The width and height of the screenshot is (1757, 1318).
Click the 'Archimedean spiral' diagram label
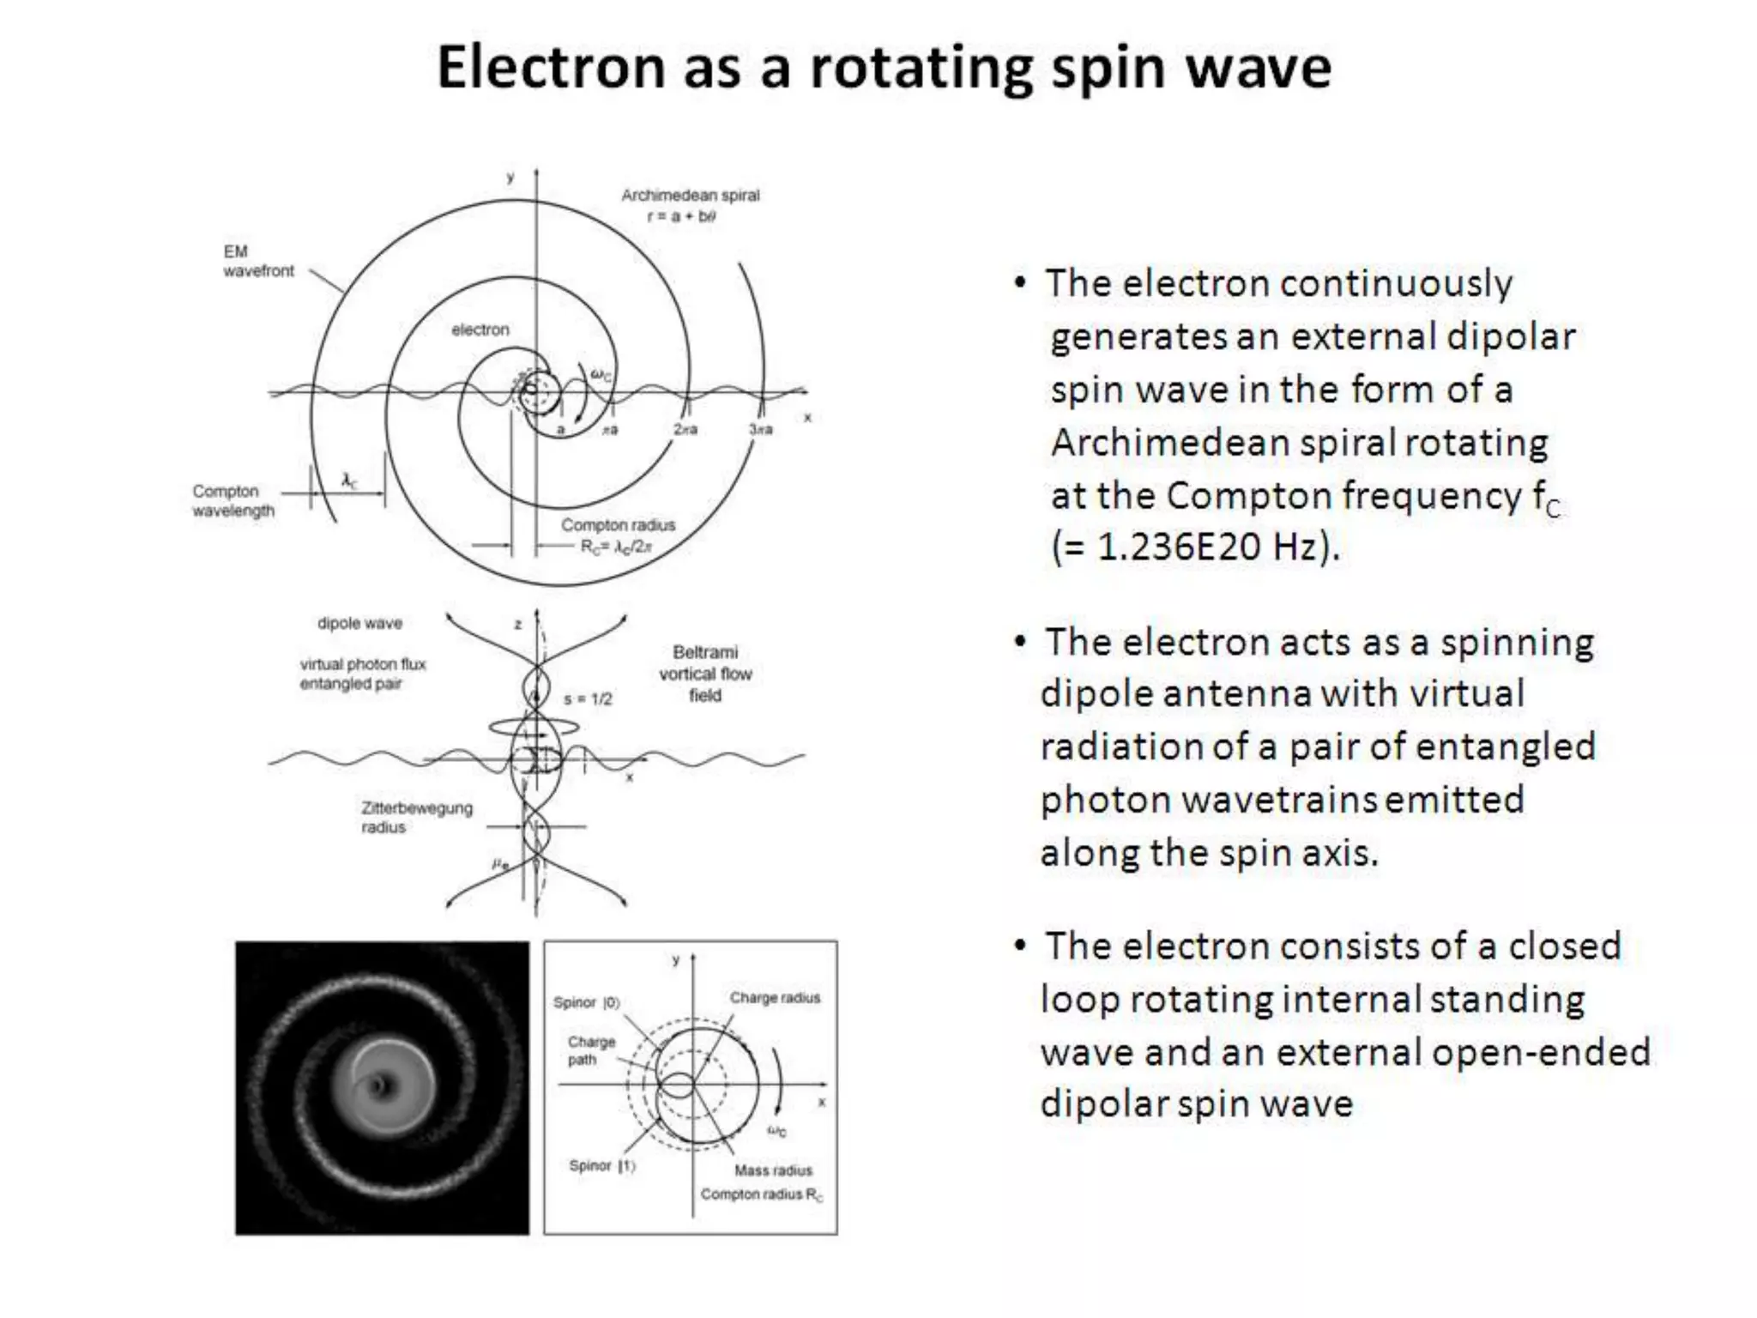tap(690, 196)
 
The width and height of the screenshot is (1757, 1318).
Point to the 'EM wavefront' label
tap(257, 261)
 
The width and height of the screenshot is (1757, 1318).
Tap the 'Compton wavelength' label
tap(232, 501)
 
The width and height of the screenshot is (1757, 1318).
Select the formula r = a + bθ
tap(681, 216)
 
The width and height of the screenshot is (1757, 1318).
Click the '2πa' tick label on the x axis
tap(685, 429)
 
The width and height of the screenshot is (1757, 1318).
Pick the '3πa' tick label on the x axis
tap(760, 429)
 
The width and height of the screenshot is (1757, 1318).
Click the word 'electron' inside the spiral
tap(480, 329)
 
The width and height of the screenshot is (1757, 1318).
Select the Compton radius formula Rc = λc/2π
tap(616, 547)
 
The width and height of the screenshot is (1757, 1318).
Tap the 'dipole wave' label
tap(359, 623)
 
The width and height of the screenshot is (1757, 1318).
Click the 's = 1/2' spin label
tap(588, 699)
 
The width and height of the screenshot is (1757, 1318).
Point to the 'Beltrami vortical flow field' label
tap(705, 674)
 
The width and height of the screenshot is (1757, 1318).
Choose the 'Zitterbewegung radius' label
tap(416, 817)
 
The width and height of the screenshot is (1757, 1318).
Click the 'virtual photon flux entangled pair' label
tap(362, 674)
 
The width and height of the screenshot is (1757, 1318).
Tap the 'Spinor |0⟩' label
tap(586, 1002)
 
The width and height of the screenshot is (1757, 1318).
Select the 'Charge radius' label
tap(775, 997)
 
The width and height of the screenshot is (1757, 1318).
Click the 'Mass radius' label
tap(772, 1170)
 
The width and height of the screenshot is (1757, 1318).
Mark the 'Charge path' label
tap(591, 1050)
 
